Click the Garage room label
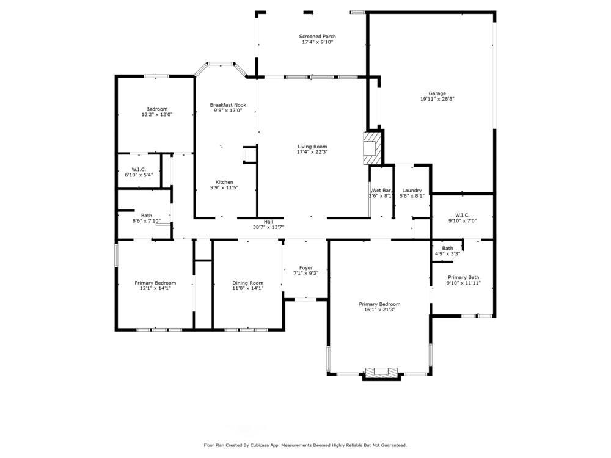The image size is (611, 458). [437, 93]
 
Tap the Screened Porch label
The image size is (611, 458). [317, 37]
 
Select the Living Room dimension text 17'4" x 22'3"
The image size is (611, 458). [312, 152]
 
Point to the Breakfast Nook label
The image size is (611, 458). [228, 105]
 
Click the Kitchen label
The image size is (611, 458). [224, 182]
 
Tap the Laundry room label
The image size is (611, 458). [412, 191]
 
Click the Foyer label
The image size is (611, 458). [305, 268]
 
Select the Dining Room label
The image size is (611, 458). [247, 283]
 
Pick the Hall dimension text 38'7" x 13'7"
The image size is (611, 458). [268, 227]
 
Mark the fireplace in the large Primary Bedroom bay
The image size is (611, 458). [381, 372]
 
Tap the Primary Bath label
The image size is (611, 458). [463, 277]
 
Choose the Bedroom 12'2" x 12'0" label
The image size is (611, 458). [156, 109]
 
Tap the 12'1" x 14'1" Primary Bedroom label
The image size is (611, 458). [155, 283]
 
